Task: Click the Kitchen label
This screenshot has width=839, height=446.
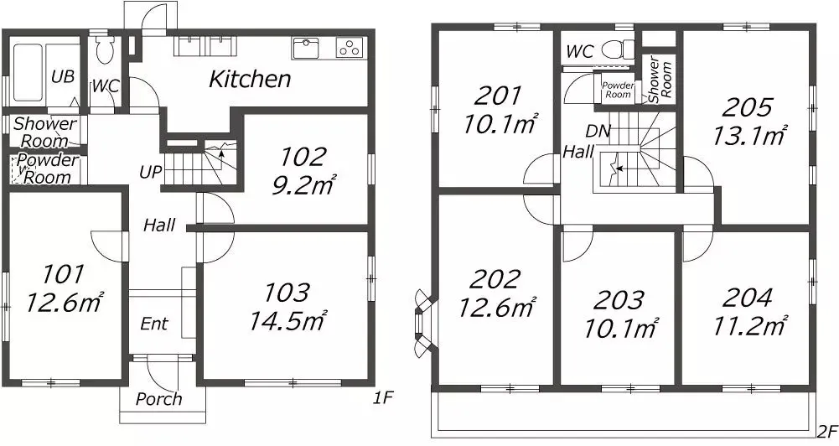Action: click(x=250, y=80)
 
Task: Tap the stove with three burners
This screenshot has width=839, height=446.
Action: click(x=350, y=48)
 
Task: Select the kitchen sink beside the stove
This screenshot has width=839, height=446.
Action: click(x=306, y=48)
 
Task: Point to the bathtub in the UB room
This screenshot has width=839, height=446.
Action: click(x=28, y=72)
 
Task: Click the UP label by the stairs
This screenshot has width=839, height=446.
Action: click(x=150, y=173)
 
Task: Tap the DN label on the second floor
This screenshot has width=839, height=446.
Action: click(x=598, y=131)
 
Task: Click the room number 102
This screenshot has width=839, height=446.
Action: click(x=303, y=157)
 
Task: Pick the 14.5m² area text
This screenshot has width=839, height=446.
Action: click(x=287, y=320)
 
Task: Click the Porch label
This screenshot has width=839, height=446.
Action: click(x=159, y=399)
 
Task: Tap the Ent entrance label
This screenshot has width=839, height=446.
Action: click(x=154, y=324)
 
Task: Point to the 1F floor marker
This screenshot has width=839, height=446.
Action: click(x=383, y=397)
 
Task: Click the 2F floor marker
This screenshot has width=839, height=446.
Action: click(x=827, y=430)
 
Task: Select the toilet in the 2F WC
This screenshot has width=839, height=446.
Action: click(x=618, y=50)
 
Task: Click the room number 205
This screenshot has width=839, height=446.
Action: click(x=747, y=107)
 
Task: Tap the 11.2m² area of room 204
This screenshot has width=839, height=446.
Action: click(x=749, y=324)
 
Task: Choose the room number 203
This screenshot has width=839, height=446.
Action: click(x=619, y=300)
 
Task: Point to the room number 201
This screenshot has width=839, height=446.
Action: click(x=498, y=97)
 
